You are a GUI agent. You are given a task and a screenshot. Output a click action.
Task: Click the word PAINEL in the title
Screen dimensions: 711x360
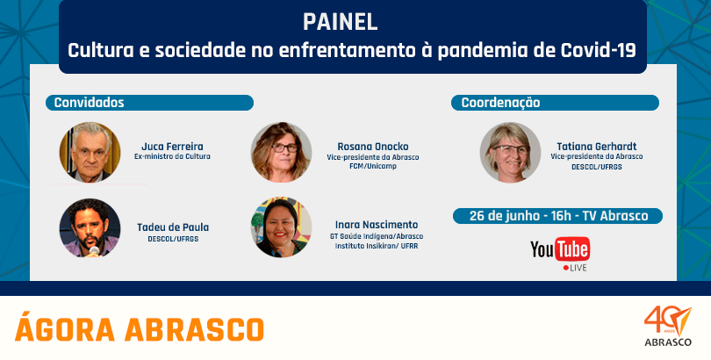coord(340,23)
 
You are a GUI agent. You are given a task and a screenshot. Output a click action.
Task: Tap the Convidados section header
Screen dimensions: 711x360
coord(149,103)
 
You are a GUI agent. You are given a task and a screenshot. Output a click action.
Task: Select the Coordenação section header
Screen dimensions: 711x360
coord(555,103)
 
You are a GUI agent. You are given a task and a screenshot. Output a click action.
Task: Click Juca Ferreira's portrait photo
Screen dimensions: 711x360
coord(90,152)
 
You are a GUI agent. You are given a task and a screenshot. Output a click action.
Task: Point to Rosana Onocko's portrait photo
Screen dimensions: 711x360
coord(281,152)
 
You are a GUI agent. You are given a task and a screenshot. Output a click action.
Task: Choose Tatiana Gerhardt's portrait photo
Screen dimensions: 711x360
coord(510,152)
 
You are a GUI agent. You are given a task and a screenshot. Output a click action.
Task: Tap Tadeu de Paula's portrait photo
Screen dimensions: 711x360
coord(90,227)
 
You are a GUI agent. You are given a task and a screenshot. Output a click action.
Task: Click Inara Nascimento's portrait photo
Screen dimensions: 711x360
coord(281,227)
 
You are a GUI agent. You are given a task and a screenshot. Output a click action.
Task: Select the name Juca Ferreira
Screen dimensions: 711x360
coord(172,147)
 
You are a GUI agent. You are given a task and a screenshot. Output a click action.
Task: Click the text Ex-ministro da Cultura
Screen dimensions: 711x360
coord(172,157)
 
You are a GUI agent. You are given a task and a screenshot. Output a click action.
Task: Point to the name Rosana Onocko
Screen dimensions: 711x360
coord(373,147)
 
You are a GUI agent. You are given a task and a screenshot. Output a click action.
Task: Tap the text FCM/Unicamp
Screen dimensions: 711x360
coord(373,167)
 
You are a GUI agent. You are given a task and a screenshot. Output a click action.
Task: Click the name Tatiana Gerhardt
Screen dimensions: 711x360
coord(597,147)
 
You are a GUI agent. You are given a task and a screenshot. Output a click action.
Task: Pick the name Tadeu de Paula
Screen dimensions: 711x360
coord(173,227)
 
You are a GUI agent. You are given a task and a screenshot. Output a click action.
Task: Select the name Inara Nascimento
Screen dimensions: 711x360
coord(377,225)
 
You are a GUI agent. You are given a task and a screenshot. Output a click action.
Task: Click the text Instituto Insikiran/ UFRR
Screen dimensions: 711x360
coord(377,246)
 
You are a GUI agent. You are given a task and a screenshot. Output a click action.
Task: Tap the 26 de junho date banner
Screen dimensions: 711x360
coord(557,216)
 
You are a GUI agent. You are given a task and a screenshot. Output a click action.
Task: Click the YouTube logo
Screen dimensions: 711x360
coord(560,253)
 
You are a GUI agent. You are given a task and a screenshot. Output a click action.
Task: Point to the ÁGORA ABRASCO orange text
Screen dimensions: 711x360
coord(140,328)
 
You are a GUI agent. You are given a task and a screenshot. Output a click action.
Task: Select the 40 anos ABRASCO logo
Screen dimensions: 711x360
coord(668,327)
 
